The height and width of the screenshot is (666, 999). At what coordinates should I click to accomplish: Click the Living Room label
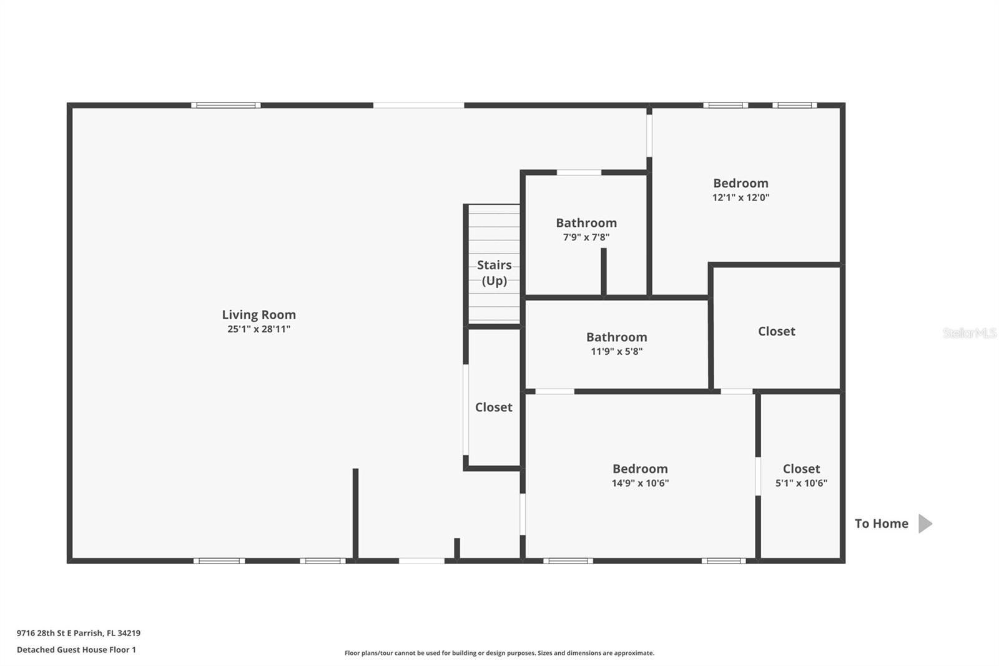tap(258, 315)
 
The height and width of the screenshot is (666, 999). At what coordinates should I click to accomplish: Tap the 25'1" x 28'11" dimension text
tap(258, 329)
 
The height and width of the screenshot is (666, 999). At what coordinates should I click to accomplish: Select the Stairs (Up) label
tap(494, 273)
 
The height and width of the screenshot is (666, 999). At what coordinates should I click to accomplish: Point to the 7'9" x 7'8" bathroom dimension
tap(586, 237)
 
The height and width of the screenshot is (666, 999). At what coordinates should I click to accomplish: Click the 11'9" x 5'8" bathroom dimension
tap(616, 351)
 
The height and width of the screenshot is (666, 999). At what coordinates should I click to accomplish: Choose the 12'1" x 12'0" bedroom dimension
tap(741, 197)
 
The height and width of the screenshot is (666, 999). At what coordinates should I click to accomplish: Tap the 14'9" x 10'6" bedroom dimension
tap(640, 482)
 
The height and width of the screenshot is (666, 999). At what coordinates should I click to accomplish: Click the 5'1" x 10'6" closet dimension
tap(801, 482)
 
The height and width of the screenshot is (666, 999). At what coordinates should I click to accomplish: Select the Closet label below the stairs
tap(493, 407)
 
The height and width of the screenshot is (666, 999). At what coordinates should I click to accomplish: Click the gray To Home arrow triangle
tap(925, 524)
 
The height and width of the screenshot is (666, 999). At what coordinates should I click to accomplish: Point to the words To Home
tap(881, 524)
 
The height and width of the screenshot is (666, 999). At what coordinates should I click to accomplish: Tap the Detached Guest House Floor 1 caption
tap(76, 650)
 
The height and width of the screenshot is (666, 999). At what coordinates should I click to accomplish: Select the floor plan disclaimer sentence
tap(499, 653)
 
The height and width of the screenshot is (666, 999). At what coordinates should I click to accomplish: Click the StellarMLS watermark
tap(970, 332)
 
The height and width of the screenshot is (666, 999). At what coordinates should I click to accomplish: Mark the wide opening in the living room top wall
tap(418, 106)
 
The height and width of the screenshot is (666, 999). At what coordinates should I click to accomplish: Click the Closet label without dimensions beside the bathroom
tap(777, 331)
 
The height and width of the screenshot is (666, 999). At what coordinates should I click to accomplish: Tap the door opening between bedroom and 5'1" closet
tap(758, 476)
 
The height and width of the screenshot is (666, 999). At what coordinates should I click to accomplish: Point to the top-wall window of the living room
tap(225, 106)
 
